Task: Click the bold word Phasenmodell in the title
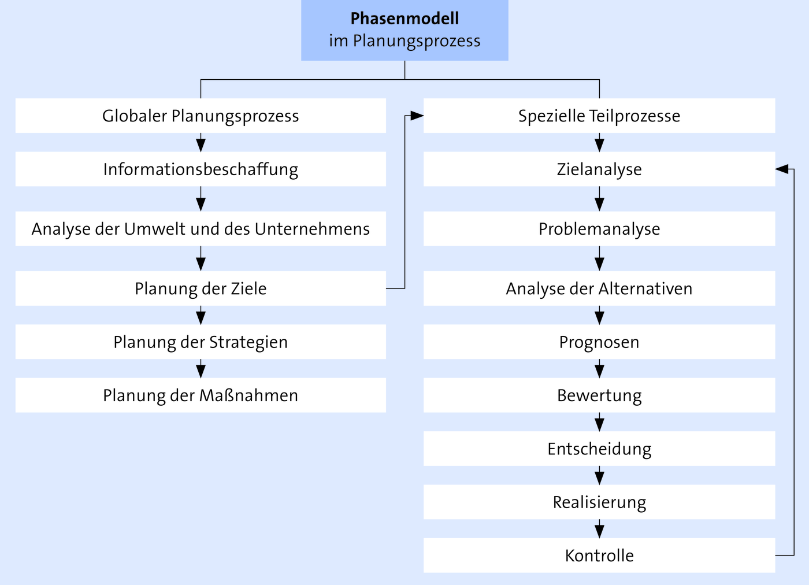(x=404, y=18)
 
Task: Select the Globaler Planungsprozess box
(x=201, y=116)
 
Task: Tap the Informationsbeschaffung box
(x=201, y=169)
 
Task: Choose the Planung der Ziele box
(x=201, y=288)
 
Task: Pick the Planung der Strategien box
(x=201, y=342)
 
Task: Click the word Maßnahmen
(x=248, y=395)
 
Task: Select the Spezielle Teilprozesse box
(x=599, y=116)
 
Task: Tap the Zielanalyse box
(x=599, y=169)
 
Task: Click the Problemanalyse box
(x=599, y=229)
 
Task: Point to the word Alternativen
(x=645, y=288)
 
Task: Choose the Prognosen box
(x=599, y=342)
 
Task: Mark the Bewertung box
(x=599, y=395)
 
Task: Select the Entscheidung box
(x=599, y=449)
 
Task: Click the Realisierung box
(x=599, y=502)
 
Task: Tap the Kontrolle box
(x=599, y=556)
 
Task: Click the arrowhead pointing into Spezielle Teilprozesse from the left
(x=417, y=116)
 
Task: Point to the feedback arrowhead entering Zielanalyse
(x=782, y=169)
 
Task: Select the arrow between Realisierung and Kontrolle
(x=600, y=529)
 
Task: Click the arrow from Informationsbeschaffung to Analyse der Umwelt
(x=201, y=199)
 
